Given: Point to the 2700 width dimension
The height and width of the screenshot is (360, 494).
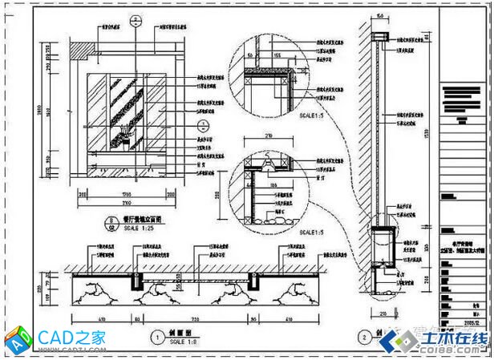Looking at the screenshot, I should point(128,193).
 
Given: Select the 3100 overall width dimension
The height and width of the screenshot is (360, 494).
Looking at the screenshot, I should point(128,204).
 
